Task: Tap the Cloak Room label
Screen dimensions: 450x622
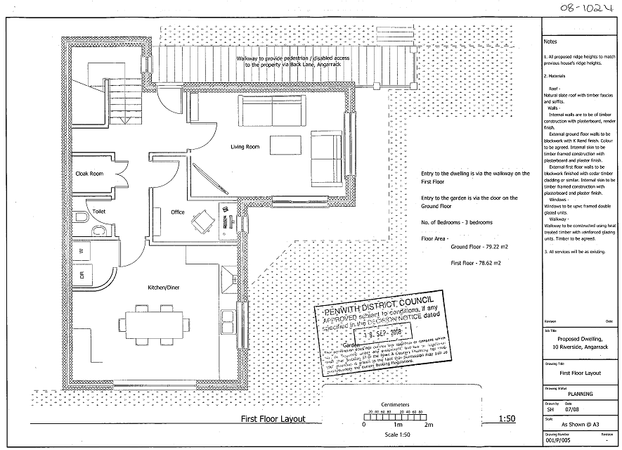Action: pos(89,174)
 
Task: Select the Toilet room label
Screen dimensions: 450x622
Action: pos(98,210)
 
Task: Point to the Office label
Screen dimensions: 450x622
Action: pos(177,212)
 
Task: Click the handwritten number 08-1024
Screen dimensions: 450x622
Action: pos(581,9)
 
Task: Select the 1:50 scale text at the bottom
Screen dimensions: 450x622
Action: pos(506,419)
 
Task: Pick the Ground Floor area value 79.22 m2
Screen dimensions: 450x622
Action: pos(485,247)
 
